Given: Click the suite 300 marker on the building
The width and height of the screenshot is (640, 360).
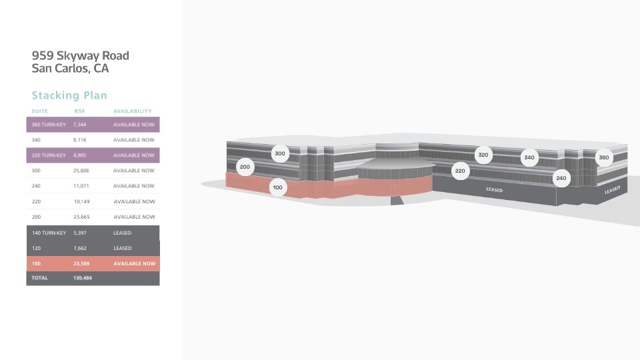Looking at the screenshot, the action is click(280, 153).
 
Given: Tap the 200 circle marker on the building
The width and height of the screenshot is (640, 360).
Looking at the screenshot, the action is click(245, 167).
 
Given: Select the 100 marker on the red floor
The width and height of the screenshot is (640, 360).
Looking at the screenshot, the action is click(277, 187).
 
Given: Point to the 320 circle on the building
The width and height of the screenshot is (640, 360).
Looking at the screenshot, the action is click(483, 155).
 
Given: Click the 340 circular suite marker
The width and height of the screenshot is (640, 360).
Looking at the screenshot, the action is click(529, 157).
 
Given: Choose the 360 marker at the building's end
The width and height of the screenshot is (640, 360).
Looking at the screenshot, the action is click(604, 157).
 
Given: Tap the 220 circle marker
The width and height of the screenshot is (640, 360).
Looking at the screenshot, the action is click(460, 171).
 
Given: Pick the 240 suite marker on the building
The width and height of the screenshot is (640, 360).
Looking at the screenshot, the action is click(561, 178).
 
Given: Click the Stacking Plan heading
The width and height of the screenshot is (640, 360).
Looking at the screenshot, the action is click(69, 95).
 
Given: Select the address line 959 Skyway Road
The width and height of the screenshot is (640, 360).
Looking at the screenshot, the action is click(81, 55).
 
